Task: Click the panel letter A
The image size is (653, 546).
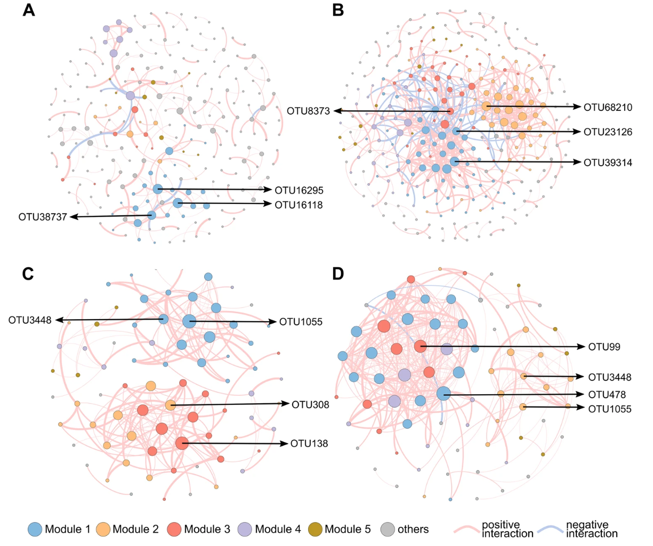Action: [29, 10]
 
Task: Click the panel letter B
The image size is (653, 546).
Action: [338, 10]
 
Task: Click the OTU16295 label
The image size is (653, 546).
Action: [299, 190]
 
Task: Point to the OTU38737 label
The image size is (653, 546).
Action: [43, 217]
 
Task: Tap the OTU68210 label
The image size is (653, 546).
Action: [608, 107]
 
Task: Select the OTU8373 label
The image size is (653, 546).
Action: [308, 111]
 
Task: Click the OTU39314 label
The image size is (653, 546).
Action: [608, 162]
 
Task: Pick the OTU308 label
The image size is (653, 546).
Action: [310, 404]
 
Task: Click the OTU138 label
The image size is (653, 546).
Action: [309, 443]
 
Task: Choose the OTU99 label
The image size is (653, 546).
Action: [604, 347]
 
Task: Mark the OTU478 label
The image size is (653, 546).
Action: [607, 395]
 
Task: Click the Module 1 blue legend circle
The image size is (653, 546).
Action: [35, 529]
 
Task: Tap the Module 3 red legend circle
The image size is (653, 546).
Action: [174, 529]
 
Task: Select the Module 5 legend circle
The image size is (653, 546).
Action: [315, 529]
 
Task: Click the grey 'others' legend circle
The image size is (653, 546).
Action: [388, 529]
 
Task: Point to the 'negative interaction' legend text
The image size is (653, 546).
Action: [592, 529]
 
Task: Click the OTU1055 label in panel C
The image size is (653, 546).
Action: [301, 322]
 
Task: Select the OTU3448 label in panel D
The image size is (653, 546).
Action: [610, 377]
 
